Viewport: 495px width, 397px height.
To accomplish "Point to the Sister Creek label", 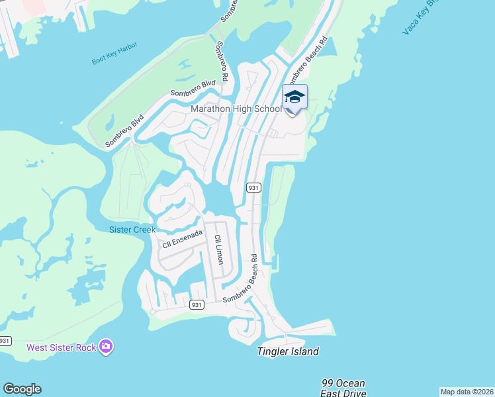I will (132, 230).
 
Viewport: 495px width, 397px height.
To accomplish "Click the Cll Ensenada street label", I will (182, 239).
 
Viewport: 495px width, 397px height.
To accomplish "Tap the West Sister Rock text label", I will (61, 347).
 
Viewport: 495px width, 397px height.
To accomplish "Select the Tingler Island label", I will (288, 352).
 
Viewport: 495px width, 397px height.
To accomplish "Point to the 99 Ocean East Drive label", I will (343, 388).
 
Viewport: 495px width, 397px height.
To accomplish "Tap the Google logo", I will (22, 389).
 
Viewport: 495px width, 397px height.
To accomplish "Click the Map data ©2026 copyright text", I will (467, 392).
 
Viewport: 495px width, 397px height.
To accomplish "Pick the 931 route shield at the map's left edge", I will (5, 341).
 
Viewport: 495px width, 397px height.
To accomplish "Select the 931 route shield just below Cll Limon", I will (196, 304).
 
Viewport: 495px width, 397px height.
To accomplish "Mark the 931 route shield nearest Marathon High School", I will (254, 188).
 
